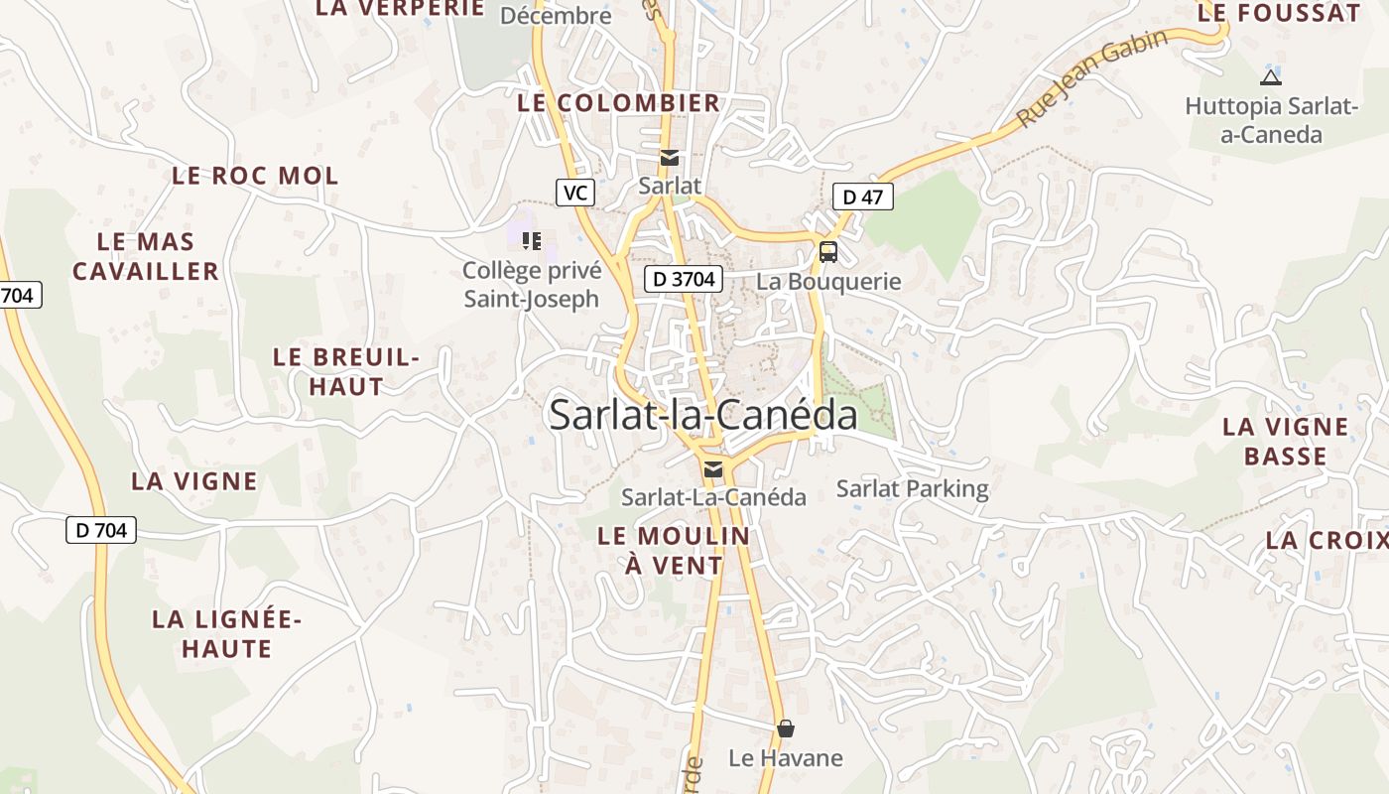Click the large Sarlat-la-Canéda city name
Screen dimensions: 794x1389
pyautogui.click(x=702, y=415)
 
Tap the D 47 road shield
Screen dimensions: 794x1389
pyautogui.click(x=862, y=197)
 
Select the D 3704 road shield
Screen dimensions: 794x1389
pyautogui.click(x=685, y=279)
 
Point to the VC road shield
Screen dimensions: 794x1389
pyautogui.click(x=575, y=193)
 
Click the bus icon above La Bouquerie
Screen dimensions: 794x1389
pyautogui.click(x=828, y=252)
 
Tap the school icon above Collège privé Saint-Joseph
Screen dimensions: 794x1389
pyautogui.click(x=532, y=240)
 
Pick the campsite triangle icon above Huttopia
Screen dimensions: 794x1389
pyautogui.click(x=1270, y=77)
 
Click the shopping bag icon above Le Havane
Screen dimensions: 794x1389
pyautogui.click(x=786, y=729)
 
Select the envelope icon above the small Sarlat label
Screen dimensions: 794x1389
pyautogui.click(x=670, y=158)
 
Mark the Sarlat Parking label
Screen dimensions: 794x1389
pyautogui.click(x=912, y=488)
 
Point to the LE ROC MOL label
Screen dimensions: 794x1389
pyautogui.click(x=255, y=176)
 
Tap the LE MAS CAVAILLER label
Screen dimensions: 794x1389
pyautogui.click(x=146, y=256)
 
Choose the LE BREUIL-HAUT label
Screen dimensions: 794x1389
pyautogui.click(x=346, y=371)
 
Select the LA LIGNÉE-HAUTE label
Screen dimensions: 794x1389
pyautogui.click(x=226, y=634)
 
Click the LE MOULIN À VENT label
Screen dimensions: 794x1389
pyautogui.click(x=674, y=550)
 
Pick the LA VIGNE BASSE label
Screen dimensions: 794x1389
pyautogui.click(x=1285, y=441)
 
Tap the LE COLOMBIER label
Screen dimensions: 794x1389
pyautogui.click(x=618, y=102)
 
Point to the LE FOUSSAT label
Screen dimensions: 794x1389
pyautogui.click(x=1278, y=13)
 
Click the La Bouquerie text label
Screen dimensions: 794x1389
pyautogui.click(x=828, y=281)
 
